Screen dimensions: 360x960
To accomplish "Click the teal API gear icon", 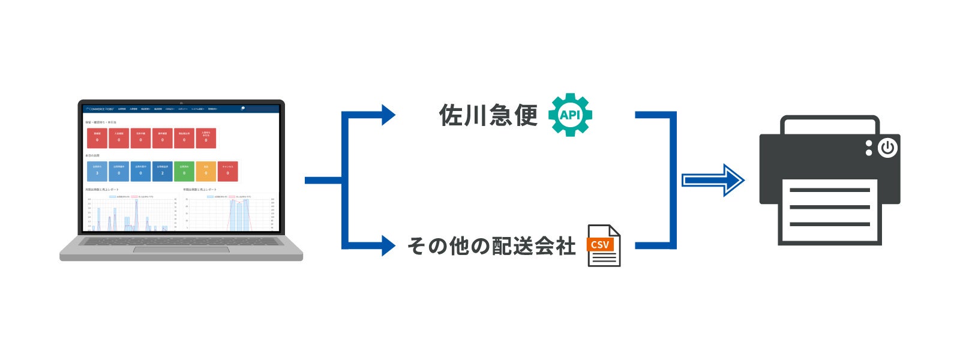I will coord(570,115).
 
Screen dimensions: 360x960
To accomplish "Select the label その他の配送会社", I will coord(491,246).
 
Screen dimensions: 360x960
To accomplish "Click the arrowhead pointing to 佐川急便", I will coord(388,115).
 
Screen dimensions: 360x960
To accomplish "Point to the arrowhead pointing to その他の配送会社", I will coord(388,245).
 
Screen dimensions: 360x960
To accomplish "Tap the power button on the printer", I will coord(887,148).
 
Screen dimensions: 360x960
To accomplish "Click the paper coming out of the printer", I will coord(830,210).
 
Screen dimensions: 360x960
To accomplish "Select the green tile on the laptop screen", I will coord(184,172).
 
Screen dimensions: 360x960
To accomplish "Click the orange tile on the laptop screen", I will coord(206,172).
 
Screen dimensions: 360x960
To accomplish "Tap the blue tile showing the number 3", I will coord(97,172).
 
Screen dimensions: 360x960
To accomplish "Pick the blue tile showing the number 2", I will coord(162,172).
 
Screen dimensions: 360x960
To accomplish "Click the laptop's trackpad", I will coord(181,250).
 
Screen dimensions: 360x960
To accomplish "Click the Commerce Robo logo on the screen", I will coord(100,109).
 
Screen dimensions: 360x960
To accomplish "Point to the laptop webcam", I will coord(181,103).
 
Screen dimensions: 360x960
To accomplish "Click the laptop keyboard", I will coord(181,241).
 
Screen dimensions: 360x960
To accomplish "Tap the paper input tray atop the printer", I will coord(830,125).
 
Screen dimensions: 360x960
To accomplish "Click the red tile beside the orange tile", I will coord(227,172).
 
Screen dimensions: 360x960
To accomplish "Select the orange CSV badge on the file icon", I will coord(600,245).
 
